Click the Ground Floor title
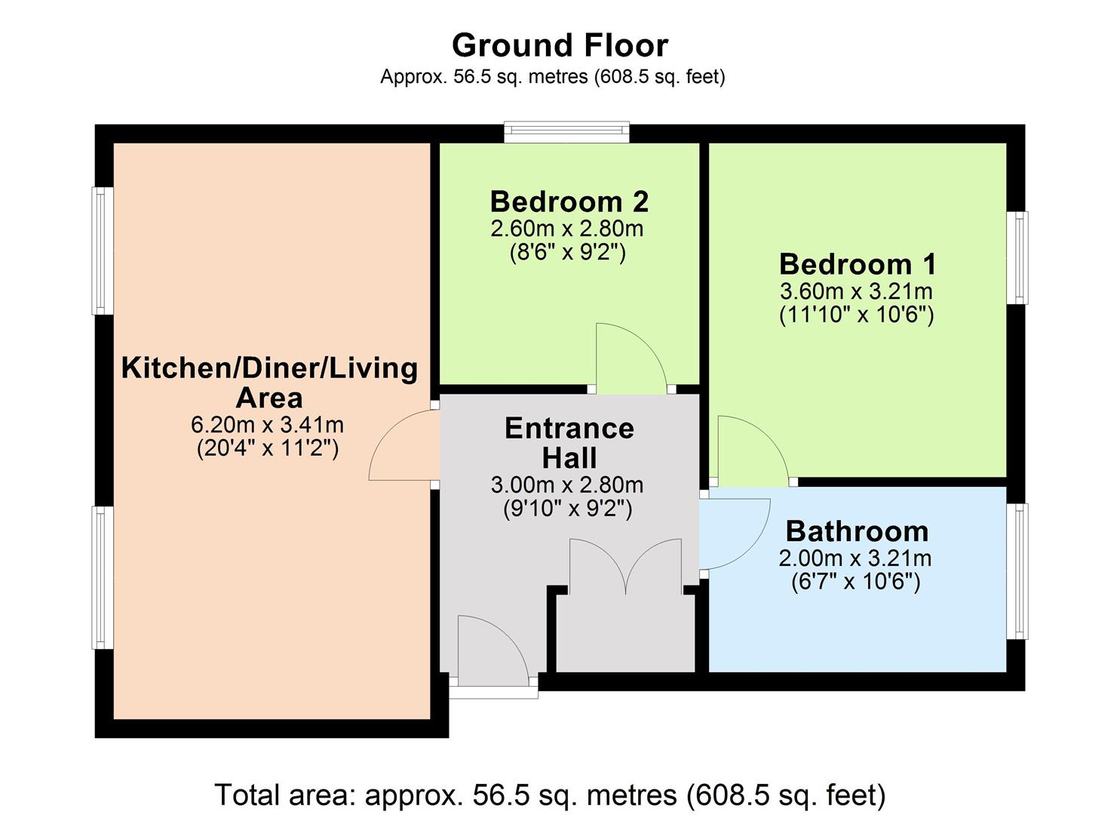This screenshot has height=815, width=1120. click(x=560, y=45)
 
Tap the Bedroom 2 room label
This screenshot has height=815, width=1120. click(x=569, y=201)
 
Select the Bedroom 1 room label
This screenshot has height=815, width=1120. click(x=858, y=264)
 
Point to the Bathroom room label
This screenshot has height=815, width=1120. click(x=857, y=531)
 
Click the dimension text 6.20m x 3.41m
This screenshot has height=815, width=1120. click(x=268, y=425)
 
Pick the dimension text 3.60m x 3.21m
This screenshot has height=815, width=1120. click(x=856, y=291)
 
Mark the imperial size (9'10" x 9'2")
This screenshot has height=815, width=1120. click(x=567, y=509)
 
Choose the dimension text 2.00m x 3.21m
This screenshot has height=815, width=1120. click(x=855, y=558)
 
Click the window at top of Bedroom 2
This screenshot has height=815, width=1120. click(x=566, y=133)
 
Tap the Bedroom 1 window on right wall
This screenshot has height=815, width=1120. click(x=1017, y=258)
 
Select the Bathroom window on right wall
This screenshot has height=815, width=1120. click(x=1017, y=571)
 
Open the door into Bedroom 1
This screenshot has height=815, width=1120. click(x=750, y=451)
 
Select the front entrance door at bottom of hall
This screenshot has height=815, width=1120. click(x=492, y=649)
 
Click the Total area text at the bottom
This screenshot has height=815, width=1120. click(x=550, y=795)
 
